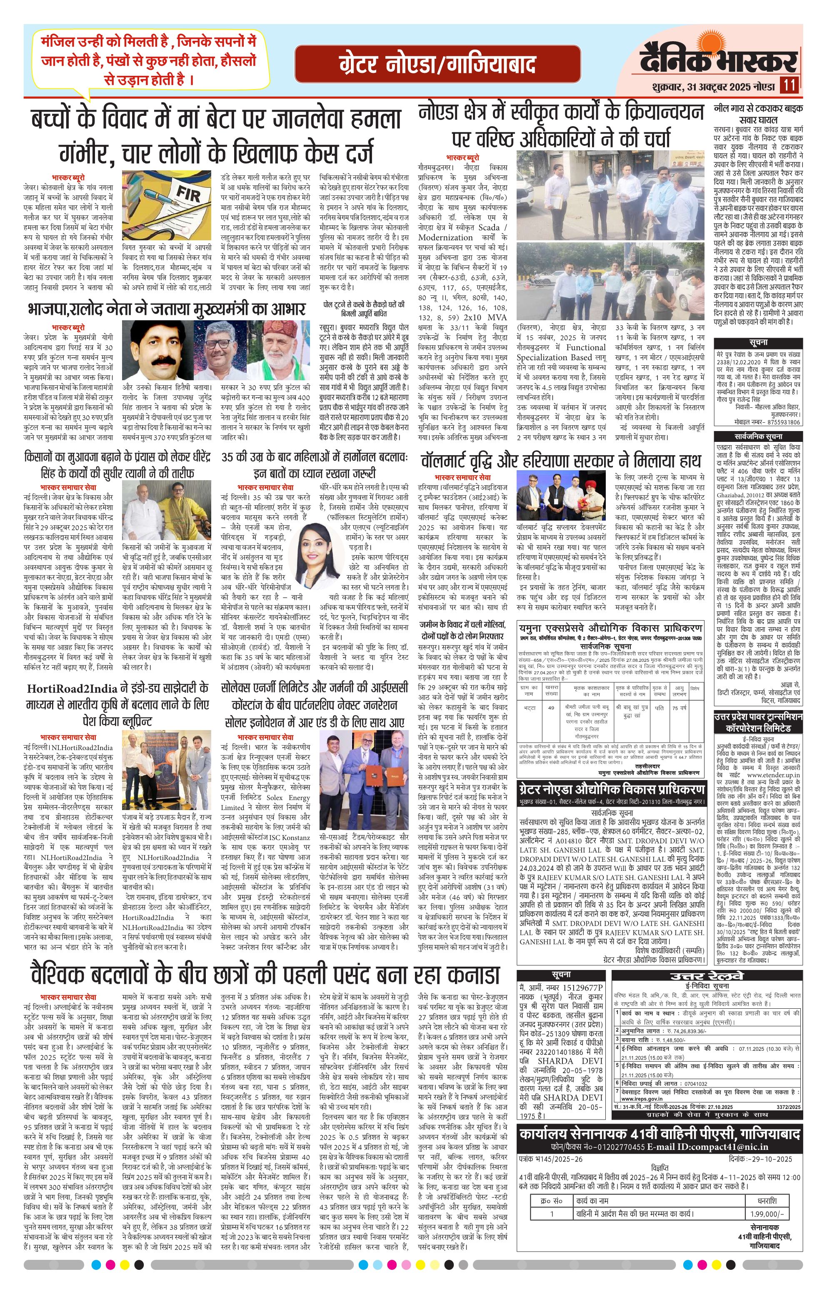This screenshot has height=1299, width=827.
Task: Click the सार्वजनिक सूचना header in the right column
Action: pos(757,436)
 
